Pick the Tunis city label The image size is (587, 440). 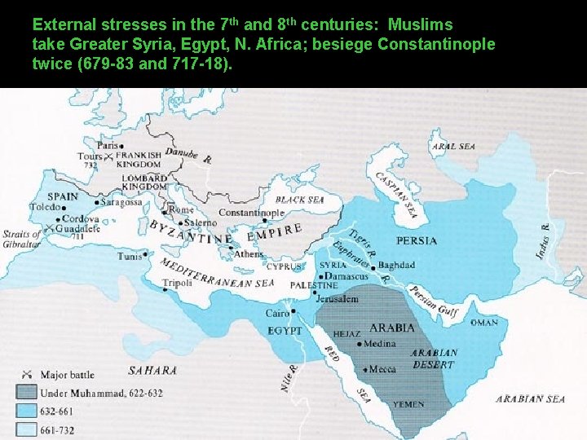click(x=130, y=256)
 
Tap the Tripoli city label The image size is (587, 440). click(x=177, y=284)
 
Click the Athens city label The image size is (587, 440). click(x=249, y=254)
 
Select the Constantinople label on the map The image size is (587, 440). click(x=251, y=213)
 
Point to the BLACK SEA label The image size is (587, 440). click(x=299, y=200)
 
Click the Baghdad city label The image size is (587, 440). click(x=396, y=266)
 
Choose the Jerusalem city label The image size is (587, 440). click(x=337, y=299)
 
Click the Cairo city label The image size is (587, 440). click(x=277, y=313)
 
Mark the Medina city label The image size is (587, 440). click(x=380, y=344)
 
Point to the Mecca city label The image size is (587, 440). click(x=382, y=369)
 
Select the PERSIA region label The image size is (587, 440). click(x=416, y=241)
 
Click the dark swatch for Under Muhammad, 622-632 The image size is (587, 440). click(x=26, y=391)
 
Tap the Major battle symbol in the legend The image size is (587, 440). click(x=26, y=375)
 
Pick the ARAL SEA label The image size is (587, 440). click(x=454, y=147)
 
